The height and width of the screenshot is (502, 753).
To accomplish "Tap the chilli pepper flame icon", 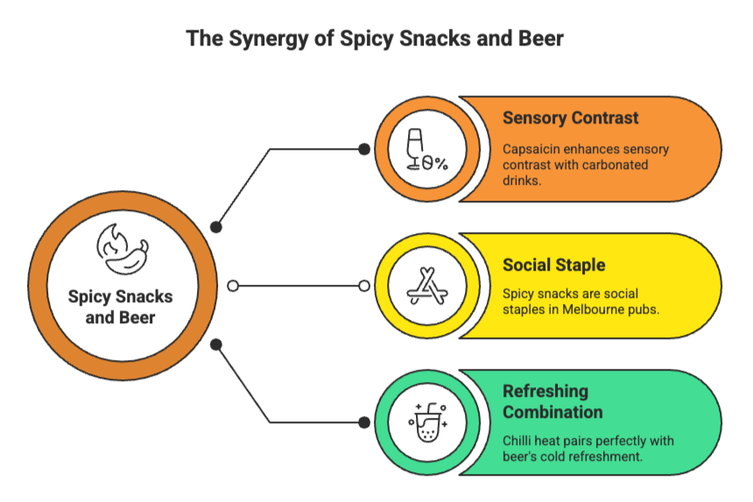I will click(x=122, y=249).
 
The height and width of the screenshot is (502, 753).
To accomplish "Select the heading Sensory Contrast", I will click(x=570, y=118).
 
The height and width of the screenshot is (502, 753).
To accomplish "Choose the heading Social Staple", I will click(x=553, y=265).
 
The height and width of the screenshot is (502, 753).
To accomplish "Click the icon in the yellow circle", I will click(x=427, y=286).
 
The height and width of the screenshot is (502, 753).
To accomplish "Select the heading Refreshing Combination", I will click(x=552, y=401).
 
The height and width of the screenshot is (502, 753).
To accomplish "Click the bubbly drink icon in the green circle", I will click(x=427, y=422).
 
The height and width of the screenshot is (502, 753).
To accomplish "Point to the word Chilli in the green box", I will click(x=519, y=441).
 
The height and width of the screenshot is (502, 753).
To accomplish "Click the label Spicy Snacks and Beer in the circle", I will click(x=121, y=307).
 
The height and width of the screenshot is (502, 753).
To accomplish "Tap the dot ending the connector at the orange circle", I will click(x=364, y=150).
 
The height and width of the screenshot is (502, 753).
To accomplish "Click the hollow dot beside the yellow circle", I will click(x=364, y=286).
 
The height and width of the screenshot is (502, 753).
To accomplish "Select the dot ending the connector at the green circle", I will click(x=364, y=422).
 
